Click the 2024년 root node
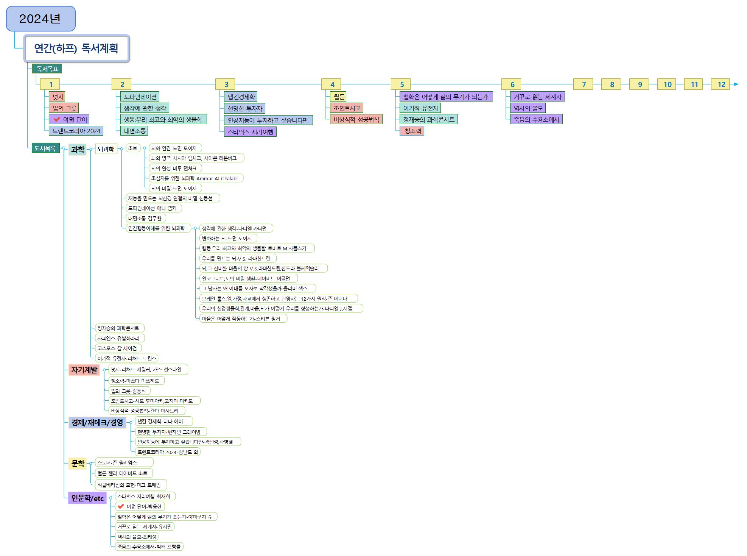coord(40,19)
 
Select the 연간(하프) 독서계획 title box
coord(76,48)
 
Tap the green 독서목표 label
coord(47,69)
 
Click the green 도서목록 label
coord(45,148)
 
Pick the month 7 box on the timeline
coord(584,84)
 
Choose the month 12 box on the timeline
coord(721,84)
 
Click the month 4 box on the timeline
coord(332,84)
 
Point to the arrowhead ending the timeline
coord(736,84)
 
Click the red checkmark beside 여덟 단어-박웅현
coord(121,506)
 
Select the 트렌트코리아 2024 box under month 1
coord(76,131)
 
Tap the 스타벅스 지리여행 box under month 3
coord(250,132)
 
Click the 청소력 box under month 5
coord(412,131)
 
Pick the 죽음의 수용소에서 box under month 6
coord(536,120)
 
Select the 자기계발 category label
coord(84,370)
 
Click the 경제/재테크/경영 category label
coord(97,423)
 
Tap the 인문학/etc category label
coord(87,498)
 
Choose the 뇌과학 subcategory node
coord(106,149)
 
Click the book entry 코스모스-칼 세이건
coord(117,348)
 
